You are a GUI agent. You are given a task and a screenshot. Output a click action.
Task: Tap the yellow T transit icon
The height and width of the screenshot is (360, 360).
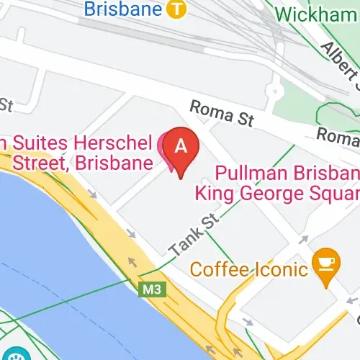pos(175,9)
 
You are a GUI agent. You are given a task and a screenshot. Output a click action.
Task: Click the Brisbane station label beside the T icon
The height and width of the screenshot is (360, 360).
pos(123,9)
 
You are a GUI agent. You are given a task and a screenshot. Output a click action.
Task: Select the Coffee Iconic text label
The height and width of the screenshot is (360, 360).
pos(248,271)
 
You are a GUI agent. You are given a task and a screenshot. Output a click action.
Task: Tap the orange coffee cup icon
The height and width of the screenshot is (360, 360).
pos(325,260)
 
